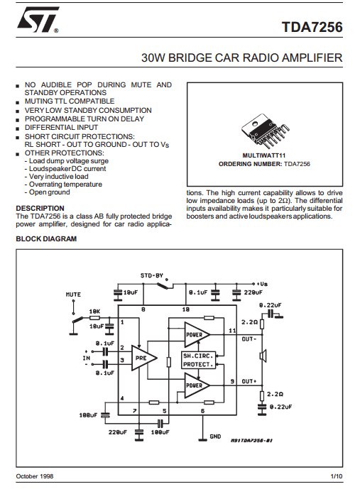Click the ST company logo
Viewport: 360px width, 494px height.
click(x=38, y=20)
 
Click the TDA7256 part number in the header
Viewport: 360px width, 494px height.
click(x=312, y=27)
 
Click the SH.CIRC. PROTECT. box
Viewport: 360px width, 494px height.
click(x=199, y=360)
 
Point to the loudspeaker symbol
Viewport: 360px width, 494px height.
click(x=263, y=356)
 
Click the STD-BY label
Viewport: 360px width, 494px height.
click(x=152, y=275)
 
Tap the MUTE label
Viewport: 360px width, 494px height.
click(x=73, y=295)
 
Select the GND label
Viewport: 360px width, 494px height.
click(x=215, y=437)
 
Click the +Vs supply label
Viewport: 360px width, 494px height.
click(x=262, y=284)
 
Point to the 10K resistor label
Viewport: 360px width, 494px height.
click(x=94, y=312)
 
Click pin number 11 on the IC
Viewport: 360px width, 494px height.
click(x=232, y=331)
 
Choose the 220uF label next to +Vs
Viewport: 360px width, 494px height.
click(x=253, y=292)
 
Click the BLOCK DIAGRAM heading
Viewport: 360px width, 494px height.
click(x=46, y=238)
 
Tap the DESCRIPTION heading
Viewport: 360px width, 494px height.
click(x=40, y=208)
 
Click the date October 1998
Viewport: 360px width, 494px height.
click(x=35, y=476)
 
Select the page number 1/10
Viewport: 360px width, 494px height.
click(x=337, y=476)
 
